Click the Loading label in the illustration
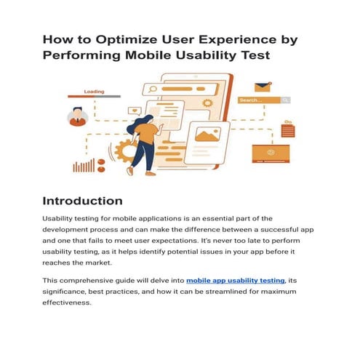coord(95,92)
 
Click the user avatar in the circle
coord(77,116)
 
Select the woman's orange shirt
coord(148,132)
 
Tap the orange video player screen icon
coord(271,153)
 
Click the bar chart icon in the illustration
coord(84,165)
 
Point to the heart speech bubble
coord(133,111)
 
